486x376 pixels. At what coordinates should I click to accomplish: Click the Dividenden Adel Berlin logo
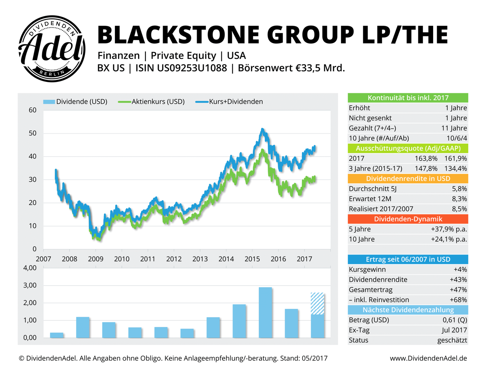tap(52, 49)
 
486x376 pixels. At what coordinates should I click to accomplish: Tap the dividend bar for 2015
tap(265, 313)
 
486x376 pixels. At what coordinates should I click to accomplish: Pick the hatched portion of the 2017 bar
tap(317, 304)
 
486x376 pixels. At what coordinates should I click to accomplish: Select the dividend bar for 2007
tap(57, 335)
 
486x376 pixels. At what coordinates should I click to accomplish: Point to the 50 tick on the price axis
tap(32, 134)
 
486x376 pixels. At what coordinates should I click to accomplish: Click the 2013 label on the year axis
tap(200, 259)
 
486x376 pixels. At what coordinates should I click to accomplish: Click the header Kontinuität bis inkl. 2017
tap(408, 98)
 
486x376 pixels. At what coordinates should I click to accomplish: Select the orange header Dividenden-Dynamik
tap(408, 219)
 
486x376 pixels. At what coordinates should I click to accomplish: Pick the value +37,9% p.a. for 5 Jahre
tap(449, 229)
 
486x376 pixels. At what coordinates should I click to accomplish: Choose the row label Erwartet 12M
tap(370, 199)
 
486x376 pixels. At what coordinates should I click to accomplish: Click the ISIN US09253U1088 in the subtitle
tap(181, 68)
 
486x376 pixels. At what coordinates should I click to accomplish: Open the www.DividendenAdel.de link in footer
tap(428, 358)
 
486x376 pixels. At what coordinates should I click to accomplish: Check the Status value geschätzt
tap(452, 340)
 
